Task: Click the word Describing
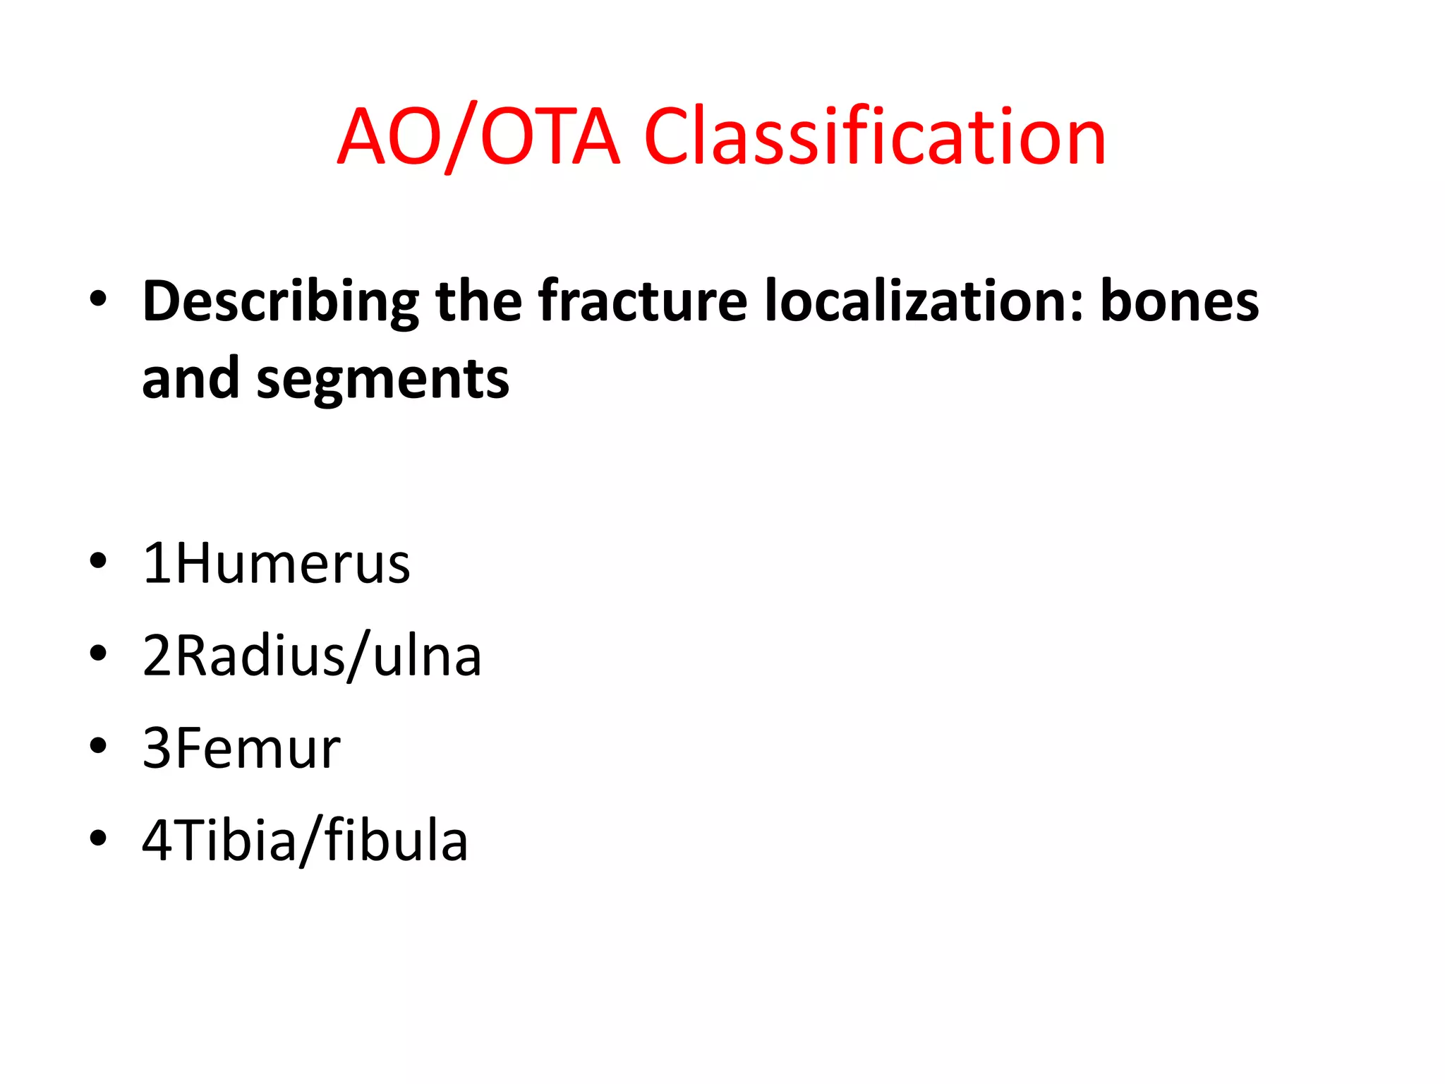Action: (x=280, y=302)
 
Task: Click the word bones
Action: (x=1179, y=302)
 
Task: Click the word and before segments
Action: (x=191, y=380)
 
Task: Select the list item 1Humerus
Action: (x=276, y=564)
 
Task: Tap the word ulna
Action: (x=427, y=656)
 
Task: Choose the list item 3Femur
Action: (x=241, y=749)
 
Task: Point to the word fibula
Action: (x=396, y=841)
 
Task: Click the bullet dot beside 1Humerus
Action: (x=98, y=562)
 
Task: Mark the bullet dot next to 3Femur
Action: (x=98, y=746)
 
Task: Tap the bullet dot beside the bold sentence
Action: (x=98, y=299)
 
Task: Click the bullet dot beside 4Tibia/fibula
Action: (x=98, y=838)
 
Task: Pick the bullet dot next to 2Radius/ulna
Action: (x=98, y=654)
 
